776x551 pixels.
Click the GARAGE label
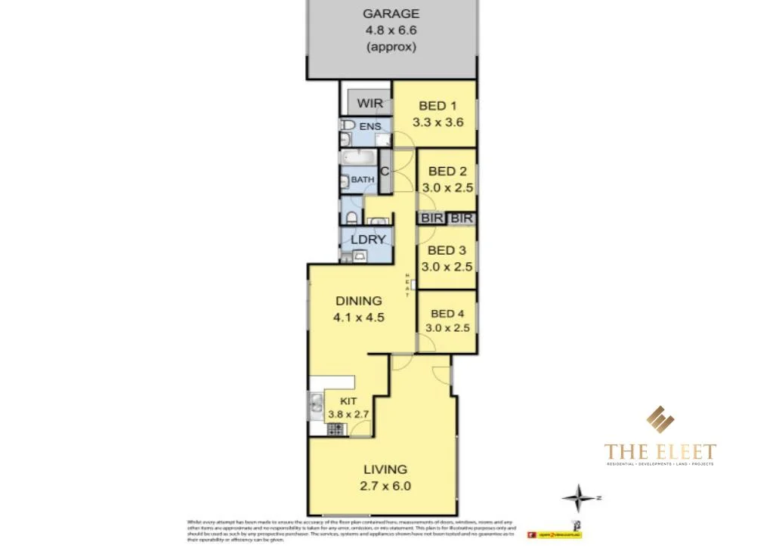391,14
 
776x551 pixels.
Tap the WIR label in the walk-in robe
370,103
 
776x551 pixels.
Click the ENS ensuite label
370,126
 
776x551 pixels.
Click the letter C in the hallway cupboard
385,171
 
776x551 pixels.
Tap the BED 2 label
447,172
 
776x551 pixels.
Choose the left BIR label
431,218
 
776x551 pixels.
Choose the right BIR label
462,218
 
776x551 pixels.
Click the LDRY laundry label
368,240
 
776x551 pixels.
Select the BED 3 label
447,250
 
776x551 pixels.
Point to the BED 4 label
446,314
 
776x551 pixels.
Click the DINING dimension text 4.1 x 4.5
359,317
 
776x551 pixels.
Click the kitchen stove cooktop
335,429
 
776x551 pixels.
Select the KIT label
348,401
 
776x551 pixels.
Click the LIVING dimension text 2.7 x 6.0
385,486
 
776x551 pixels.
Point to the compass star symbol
579,498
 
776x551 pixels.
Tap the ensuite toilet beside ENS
348,125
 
